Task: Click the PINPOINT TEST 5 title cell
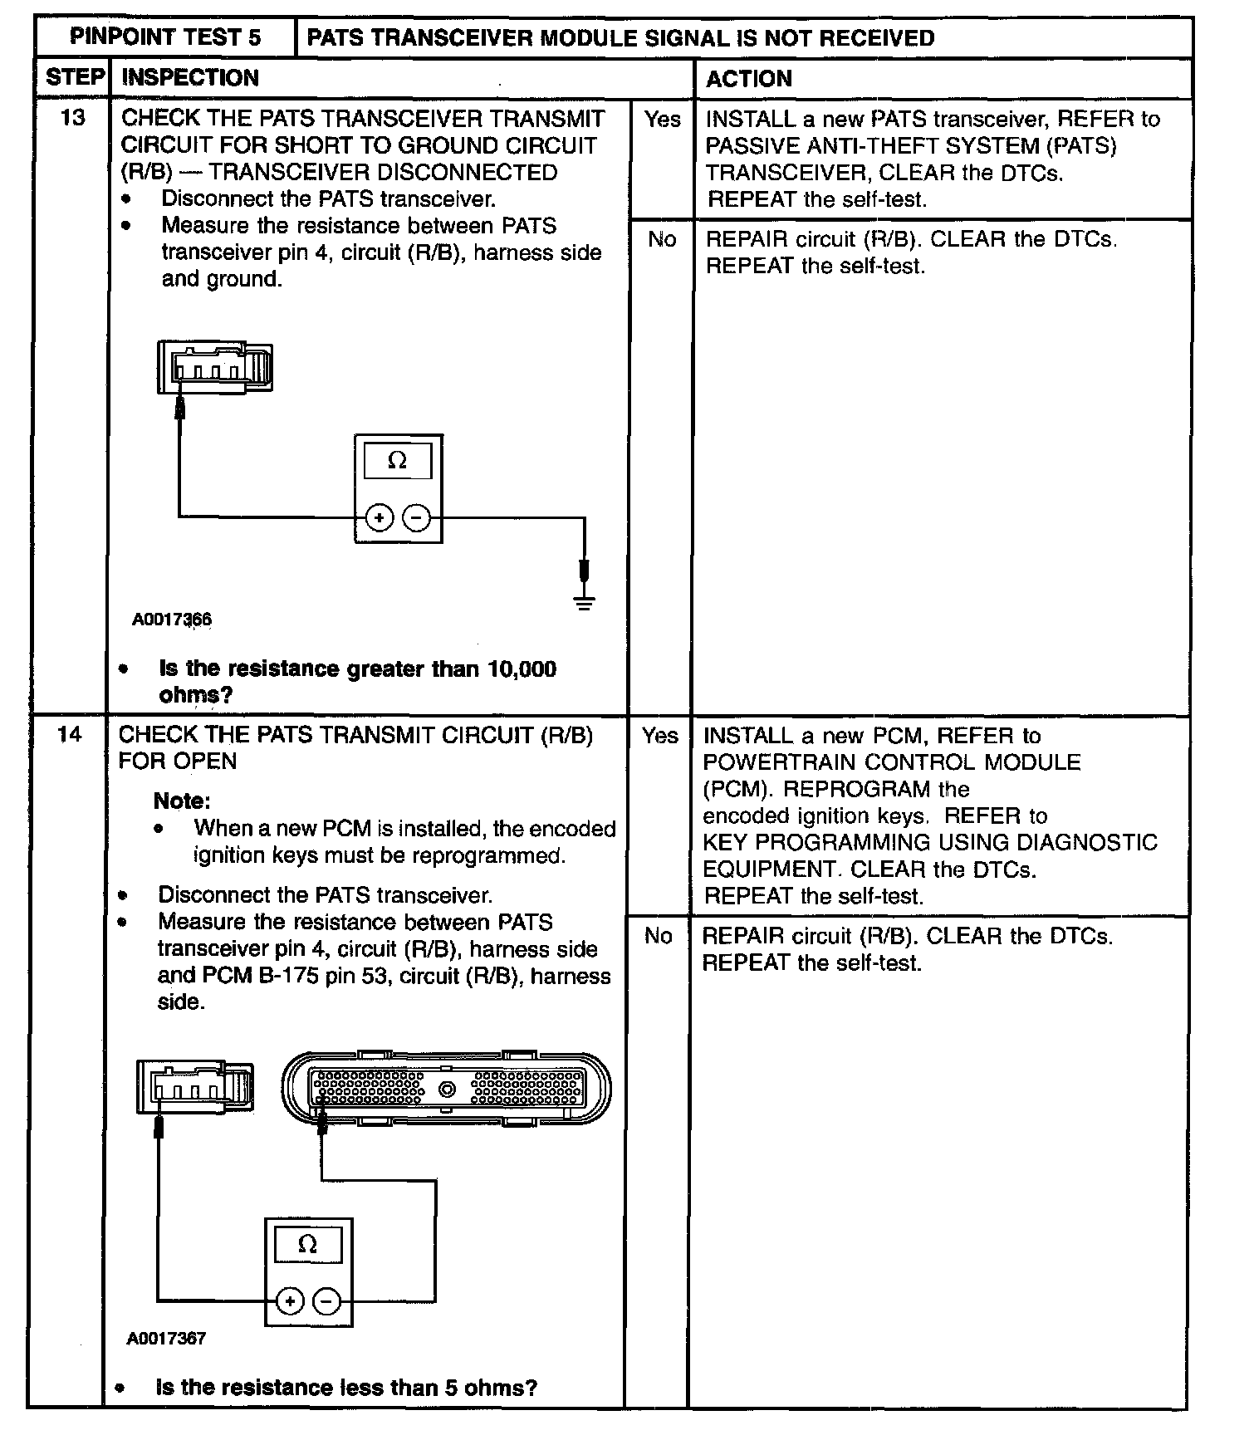(165, 37)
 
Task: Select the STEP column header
(74, 78)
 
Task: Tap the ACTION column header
(748, 79)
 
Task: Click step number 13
(73, 118)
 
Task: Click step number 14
(70, 734)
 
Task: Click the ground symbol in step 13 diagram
(585, 602)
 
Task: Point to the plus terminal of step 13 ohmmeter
(380, 518)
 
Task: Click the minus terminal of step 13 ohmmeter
(417, 518)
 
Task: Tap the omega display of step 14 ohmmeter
(307, 1245)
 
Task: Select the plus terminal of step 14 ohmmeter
(289, 1301)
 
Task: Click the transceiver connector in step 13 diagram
(214, 367)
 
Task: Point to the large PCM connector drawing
(446, 1089)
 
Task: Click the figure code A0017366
(172, 620)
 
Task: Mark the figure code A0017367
(166, 1362)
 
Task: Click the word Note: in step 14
(182, 801)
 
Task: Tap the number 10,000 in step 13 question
(522, 669)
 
